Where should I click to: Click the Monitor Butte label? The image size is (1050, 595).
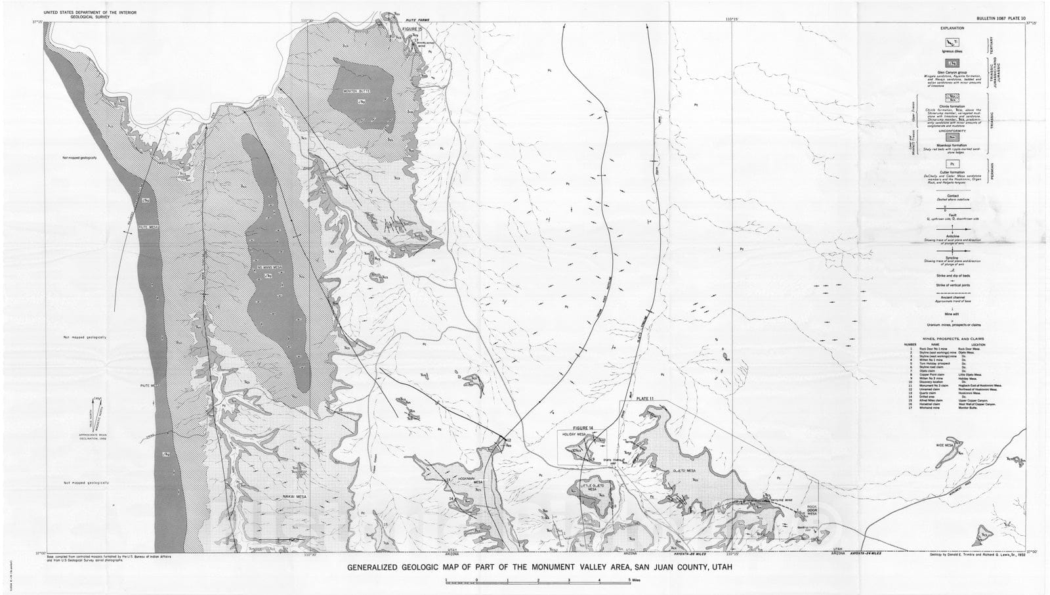coord(358,91)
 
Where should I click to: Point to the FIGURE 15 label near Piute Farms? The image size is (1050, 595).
coord(412,30)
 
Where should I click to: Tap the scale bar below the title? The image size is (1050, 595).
coord(538,581)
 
